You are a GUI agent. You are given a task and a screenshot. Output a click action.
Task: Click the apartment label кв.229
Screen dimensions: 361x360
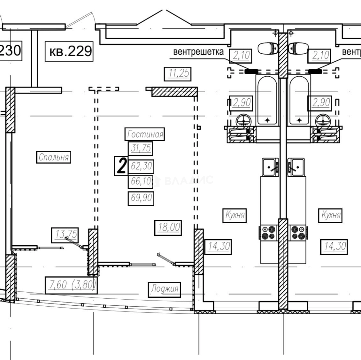pyautogui.click(x=69, y=51)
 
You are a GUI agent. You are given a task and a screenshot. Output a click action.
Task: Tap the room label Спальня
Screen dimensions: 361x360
pyautogui.click(x=54, y=157)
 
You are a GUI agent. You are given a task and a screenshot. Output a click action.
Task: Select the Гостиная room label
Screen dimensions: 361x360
pyautogui.click(x=145, y=134)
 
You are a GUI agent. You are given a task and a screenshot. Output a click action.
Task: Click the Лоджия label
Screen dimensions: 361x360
pyautogui.click(x=165, y=289)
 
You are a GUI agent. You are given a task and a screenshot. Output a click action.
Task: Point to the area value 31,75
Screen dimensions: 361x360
pyautogui.click(x=141, y=148)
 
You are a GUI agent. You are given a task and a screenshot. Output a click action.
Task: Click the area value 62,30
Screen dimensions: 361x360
pyautogui.click(x=141, y=166)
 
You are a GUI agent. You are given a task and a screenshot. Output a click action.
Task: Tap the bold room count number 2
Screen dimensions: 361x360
pyautogui.click(x=121, y=166)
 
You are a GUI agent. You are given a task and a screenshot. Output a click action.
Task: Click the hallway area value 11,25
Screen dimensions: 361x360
pyautogui.click(x=178, y=74)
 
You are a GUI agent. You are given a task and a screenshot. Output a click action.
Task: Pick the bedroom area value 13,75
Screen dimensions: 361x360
pyautogui.click(x=65, y=235)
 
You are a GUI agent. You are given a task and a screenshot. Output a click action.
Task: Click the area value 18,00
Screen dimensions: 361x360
pyautogui.click(x=168, y=228)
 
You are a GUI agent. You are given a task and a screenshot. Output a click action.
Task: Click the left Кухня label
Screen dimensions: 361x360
pyautogui.click(x=234, y=215)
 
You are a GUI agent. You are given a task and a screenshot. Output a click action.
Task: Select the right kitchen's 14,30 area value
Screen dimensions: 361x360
pyautogui.click(x=334, y=247)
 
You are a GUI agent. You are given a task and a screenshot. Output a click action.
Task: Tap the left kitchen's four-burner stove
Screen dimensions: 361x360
pyautogui.click(x=269, y=233)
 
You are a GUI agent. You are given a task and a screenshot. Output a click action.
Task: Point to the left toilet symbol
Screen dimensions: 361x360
pyautogui.click(x=268, y=49)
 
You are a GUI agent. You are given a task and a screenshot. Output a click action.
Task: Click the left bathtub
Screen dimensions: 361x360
pyautogui.click(x=267, y=100)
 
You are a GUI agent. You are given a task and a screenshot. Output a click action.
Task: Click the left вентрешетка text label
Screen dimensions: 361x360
pyautogui.click(x=198, y=52)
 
